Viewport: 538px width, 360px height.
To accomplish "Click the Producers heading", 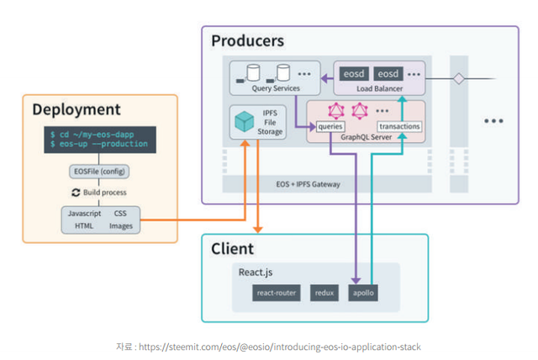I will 247,40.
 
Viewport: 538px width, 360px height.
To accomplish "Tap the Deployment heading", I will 76,109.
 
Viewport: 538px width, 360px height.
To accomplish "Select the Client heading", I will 232,249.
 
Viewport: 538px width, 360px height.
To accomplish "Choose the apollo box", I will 363,293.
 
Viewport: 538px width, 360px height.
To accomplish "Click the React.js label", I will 256,273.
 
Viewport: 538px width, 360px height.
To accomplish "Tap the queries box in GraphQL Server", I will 329,127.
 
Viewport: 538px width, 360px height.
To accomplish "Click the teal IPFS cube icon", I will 245,123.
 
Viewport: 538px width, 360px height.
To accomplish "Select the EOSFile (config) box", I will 100,172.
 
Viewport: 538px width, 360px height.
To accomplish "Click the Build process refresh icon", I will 76,192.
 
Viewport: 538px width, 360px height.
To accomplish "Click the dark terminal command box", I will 100,139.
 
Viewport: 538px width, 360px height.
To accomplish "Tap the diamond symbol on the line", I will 459,79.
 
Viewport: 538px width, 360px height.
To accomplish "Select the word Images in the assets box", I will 121,225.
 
